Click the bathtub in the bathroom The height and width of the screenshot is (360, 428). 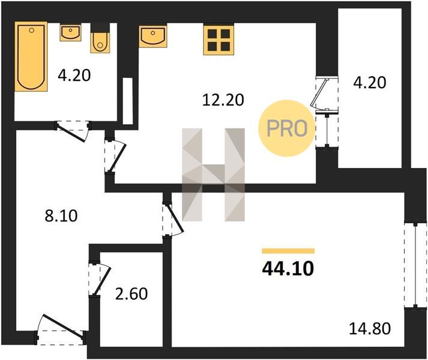[x=31, y=56]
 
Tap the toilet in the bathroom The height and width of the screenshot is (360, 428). [x=100, y=43]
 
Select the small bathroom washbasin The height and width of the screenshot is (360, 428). [x=70, y=32]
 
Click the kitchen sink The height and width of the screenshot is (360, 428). [x=153, y=37]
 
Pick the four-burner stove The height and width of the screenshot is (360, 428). [x=219, y=39]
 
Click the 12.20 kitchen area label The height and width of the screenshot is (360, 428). [x=223, y=100]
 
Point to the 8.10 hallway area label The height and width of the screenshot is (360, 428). [x=61, y=216]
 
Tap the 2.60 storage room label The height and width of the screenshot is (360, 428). [x=131, y=294]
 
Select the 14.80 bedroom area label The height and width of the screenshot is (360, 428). [x=370, y=328]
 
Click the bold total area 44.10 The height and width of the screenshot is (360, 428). [x=288, y=269]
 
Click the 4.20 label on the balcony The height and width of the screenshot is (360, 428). [x=370, y=83]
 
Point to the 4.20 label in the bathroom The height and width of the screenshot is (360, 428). [x=74, y=76]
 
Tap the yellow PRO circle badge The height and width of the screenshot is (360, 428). [x=286, y=128]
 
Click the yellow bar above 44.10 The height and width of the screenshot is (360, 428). [x=288, y=251]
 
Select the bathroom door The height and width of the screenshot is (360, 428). [x=74, y=131]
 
